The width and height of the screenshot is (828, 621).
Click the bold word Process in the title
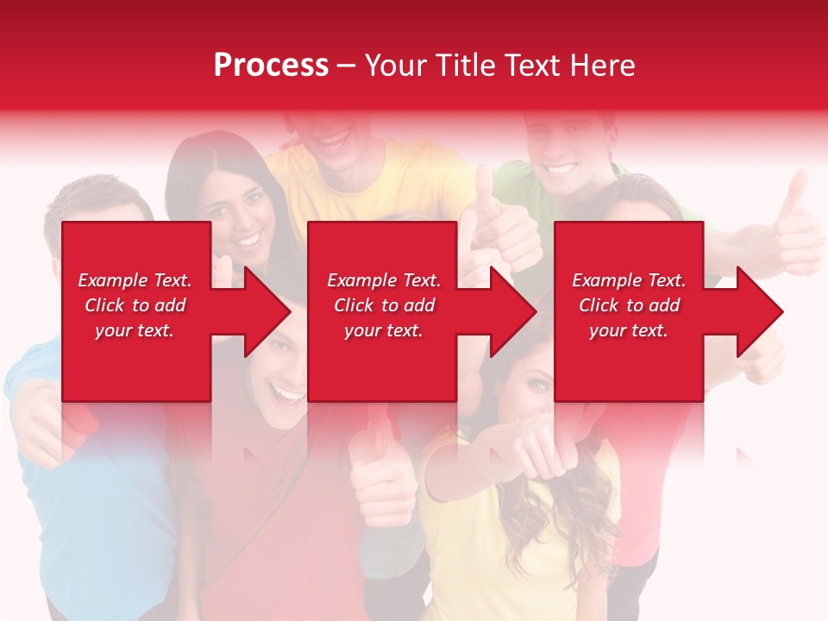point(271,66)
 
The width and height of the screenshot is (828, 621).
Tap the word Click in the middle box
point(354,305)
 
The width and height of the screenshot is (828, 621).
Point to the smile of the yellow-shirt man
point(332,138)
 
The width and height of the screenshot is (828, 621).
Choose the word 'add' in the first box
point(170,305)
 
